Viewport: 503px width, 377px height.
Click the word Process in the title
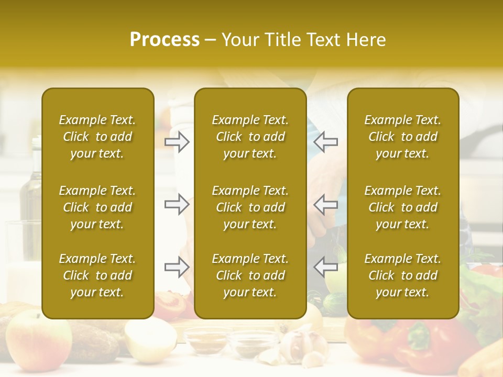coord(165,40)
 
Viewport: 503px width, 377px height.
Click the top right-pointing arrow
coord(177,142)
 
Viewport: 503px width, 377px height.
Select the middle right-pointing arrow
coord(177,204)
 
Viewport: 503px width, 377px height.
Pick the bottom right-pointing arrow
coord(177,267)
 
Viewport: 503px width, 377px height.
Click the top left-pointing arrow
coord(325,142)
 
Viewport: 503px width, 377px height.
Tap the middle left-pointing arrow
coord(325,204)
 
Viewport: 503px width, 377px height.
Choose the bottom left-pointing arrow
coord(325,267)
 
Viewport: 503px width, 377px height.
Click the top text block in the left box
coord(97,137)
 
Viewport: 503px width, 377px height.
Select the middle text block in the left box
coord(97,207)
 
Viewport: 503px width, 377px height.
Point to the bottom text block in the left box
coord(97,275)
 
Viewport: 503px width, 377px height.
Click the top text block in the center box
coord(250,137)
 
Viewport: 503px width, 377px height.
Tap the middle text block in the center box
coord(250,207)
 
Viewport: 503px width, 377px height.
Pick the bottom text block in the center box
coord(250,275)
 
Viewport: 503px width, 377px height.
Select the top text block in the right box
coord(402,137)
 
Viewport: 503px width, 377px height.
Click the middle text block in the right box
coord(402,207)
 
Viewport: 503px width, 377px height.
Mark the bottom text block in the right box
coord(402,275)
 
